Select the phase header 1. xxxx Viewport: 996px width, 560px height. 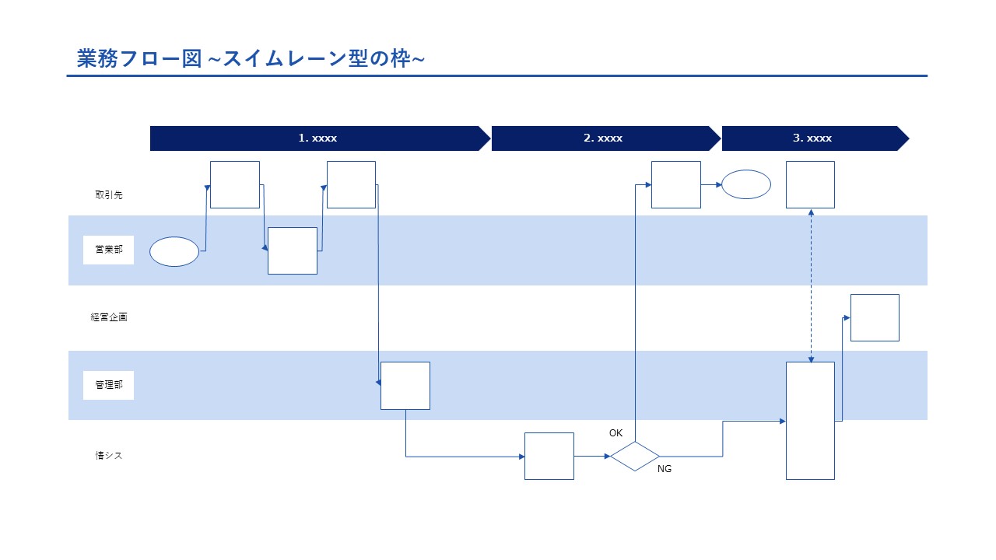click(317, 138)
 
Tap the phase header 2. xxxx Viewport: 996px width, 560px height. click(603, 138)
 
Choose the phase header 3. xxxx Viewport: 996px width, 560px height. click(812, 138)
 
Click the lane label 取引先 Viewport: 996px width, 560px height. click(108, 195)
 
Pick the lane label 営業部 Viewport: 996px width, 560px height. click(108, 250)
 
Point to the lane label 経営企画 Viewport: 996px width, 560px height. click(108, 317)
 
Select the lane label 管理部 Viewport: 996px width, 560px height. click(108, 385)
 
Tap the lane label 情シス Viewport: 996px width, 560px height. click(108, 456)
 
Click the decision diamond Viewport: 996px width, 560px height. click(634, 457)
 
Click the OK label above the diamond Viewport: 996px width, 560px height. click(615, 432)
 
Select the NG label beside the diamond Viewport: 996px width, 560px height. click(664, 469)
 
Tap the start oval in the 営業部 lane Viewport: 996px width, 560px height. click(174, 251)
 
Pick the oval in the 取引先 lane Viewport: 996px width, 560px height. click(746, 184)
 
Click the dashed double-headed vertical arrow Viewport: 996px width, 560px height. click(811, 285)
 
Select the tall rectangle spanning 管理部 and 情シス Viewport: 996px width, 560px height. click(810, 420)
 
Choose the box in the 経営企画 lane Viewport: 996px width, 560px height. click(875, 317)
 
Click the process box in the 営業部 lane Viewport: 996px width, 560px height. click(293, 250)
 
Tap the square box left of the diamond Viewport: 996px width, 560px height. click(549, 456)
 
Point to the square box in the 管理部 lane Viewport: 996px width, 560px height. click(405, 385)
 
